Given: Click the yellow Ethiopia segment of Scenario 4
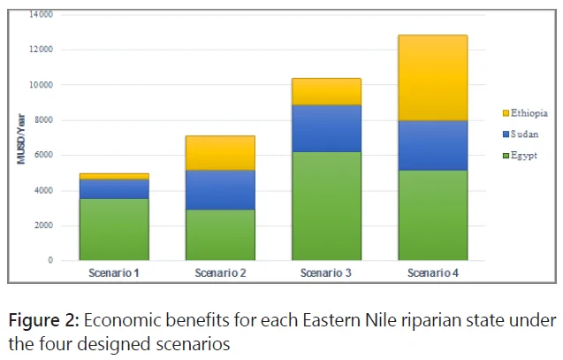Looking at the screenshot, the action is click(x=433, y=78).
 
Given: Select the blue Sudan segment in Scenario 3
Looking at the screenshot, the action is click(x=326, y=128).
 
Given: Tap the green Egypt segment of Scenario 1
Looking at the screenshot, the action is click(x=114, y=230).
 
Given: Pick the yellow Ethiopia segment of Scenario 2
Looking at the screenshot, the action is click(x=220, y=153).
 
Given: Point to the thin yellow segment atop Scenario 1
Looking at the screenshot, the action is click(x=114, y=177).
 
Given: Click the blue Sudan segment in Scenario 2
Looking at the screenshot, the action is click(x=220, y=190).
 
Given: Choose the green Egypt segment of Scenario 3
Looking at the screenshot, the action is click(x=326, y=206).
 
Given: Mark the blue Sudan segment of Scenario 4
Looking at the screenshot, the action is click(x=433, y=146).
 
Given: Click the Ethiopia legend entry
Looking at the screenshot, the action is click(x=525, y=113).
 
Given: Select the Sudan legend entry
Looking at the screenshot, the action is click(x=521, y=134).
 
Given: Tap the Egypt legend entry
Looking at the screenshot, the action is click(x=520, y=156).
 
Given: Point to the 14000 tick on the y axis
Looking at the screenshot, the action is click(x=41, y=14).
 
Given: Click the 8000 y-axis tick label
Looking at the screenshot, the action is click(x=44, y=120).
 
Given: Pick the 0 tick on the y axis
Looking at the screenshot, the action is click(x=50, y=260).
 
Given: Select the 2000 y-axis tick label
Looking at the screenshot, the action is click(x=44, y=226).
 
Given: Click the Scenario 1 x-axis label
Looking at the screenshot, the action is click(x=114, y=273).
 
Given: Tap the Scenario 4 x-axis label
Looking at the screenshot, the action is click(x=433, y=273).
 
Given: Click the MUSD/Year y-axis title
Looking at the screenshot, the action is click(x=21, y=139).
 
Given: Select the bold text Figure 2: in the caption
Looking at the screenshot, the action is click(x=43, y=320).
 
